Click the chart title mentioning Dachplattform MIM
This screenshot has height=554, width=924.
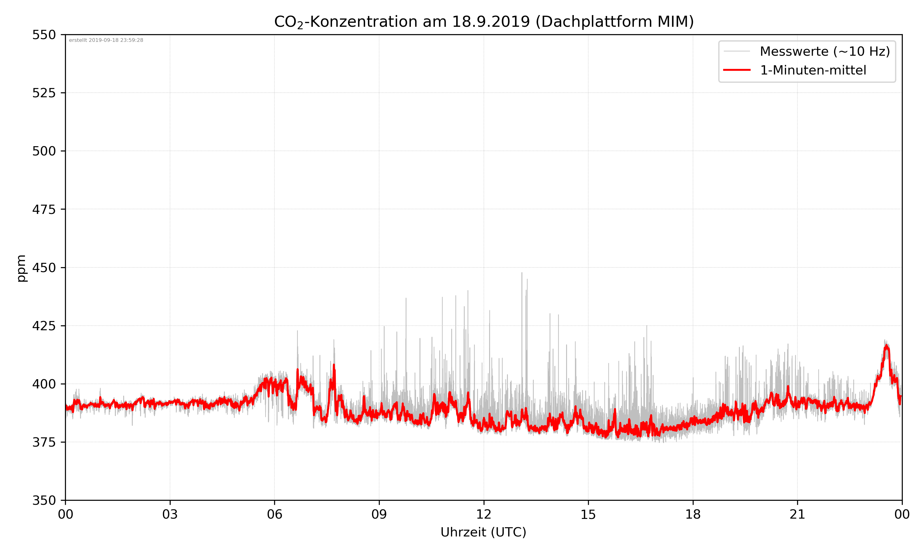pos(484,22)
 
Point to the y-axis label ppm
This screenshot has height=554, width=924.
pos(21,268)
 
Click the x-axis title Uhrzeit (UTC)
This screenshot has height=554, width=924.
pos(483,532)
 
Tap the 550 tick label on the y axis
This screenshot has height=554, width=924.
pos(44,35)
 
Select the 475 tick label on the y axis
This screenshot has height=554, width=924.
pos(44,209)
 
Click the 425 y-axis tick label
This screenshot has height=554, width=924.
pos(44,326)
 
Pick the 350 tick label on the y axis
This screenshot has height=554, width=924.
pos(44,500)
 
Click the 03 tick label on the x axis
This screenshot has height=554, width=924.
pos(170,514)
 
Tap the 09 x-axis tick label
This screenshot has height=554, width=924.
pos(379,514)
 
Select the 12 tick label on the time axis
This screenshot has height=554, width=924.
pos(484,514)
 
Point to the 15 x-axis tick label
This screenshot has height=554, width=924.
pos(588,514)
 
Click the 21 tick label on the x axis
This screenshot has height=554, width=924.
pos(797,514)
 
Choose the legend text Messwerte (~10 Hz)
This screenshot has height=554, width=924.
pos(825,51)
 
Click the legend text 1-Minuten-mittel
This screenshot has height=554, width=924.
pos(813,70)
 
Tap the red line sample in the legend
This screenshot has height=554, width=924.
pos(736,70)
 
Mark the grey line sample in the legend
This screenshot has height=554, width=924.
pos(736,51)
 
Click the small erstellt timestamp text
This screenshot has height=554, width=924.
pos(106,40)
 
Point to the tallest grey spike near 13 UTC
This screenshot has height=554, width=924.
pos(522,273)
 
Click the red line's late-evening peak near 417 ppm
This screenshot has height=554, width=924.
pos(886,346)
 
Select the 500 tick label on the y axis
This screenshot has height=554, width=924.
pos(44,151)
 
